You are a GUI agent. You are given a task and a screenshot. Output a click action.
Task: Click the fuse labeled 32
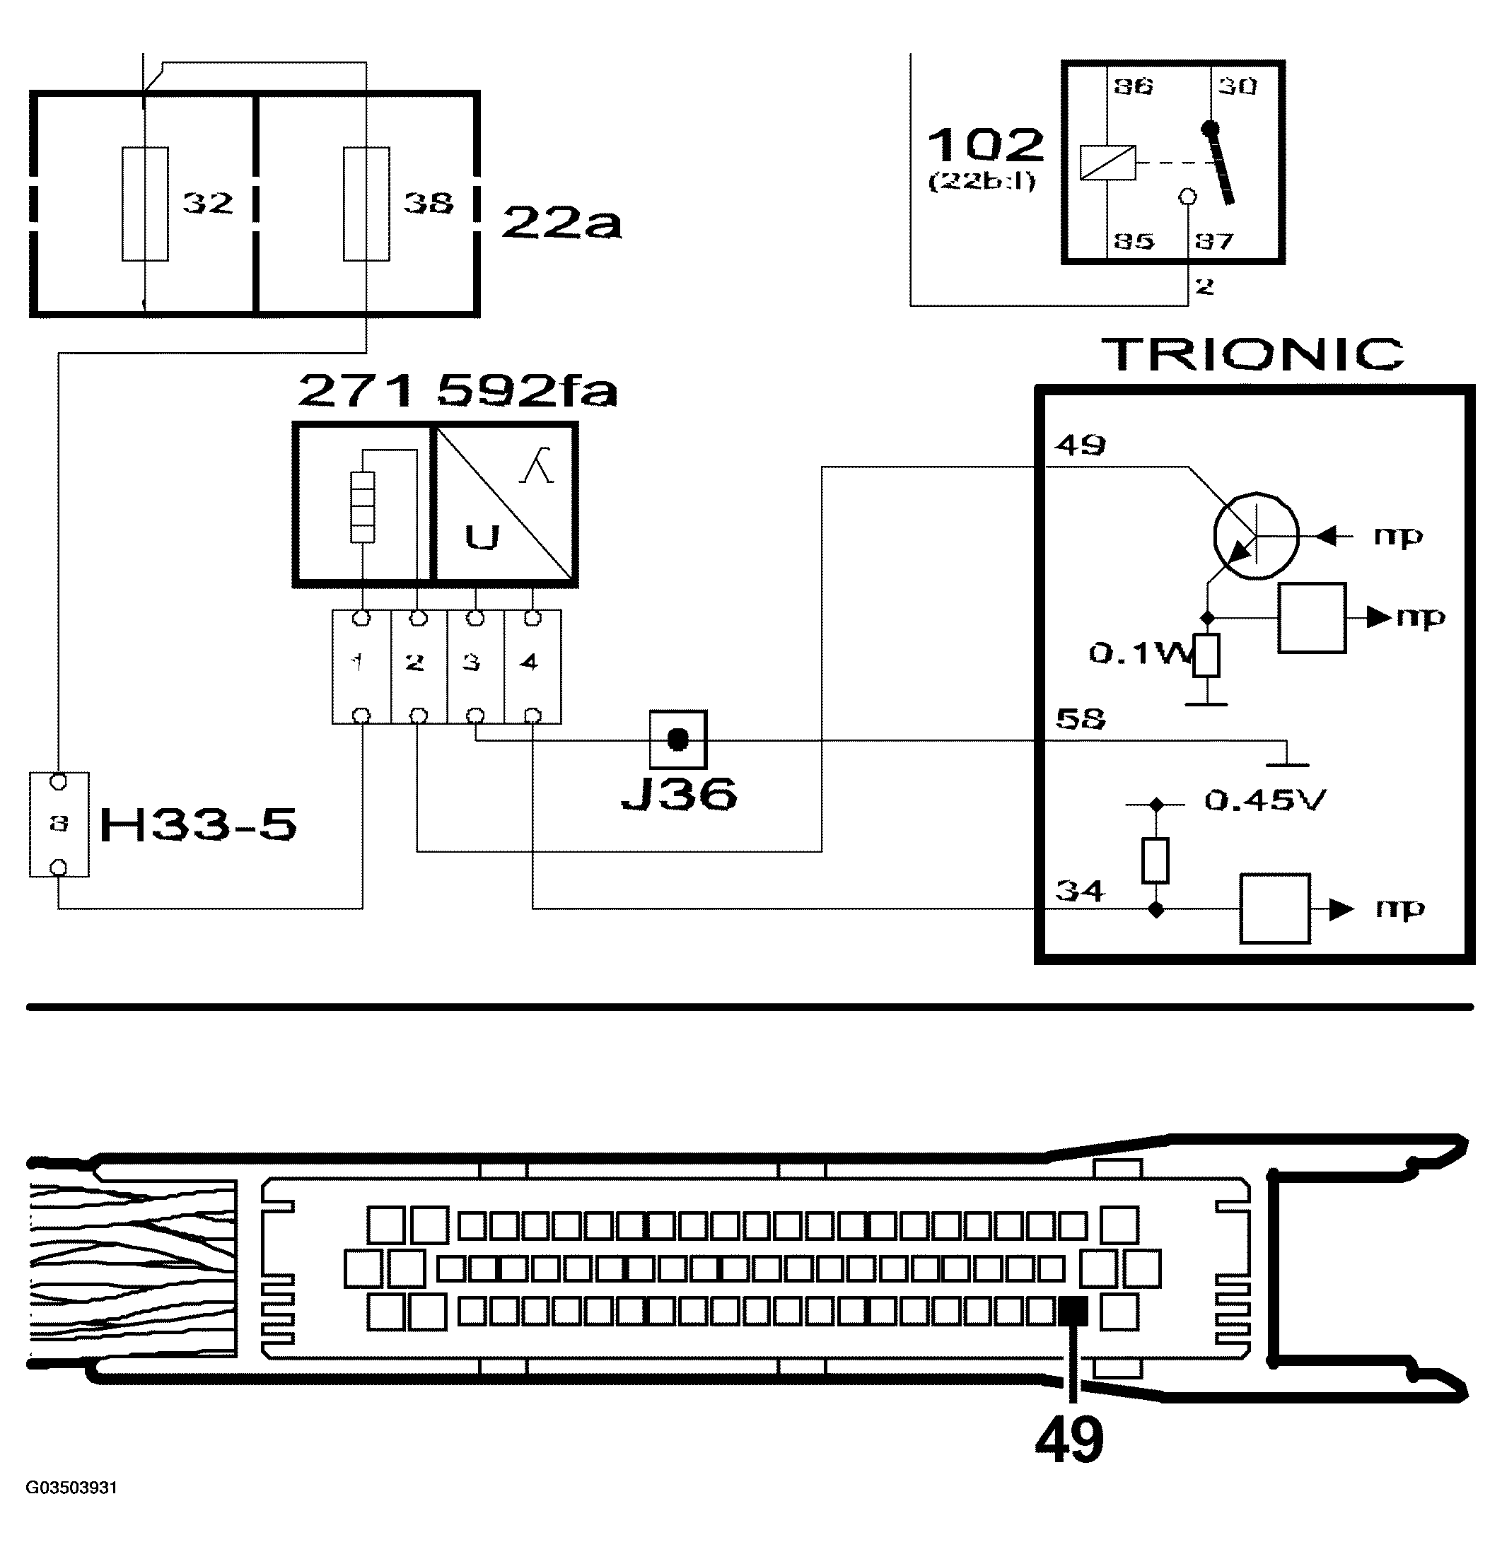(x=144, y=204)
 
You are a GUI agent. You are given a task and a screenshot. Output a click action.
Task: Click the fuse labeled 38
(x=366, y=204)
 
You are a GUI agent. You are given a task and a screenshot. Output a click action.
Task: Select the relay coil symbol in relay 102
(x=1107, y=163)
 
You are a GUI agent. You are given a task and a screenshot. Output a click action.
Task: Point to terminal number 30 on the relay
(x=1237, y=86)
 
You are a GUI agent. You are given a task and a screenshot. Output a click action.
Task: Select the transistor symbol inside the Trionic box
(x=1255, y=536)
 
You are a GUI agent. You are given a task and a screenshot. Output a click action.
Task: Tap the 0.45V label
(x=1264, y=800)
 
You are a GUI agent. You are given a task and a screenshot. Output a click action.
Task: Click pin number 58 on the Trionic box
(x=1081, y=719)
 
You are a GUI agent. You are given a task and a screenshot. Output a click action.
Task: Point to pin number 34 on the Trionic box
(x=1081, y=891)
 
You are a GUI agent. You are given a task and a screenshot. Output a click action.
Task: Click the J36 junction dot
(x=678, y=740)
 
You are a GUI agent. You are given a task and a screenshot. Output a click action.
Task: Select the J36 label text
(x=680, y=794)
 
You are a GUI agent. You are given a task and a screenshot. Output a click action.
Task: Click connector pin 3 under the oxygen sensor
(x=475, y=663)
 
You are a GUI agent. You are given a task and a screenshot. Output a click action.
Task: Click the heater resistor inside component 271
(x=362, y=507)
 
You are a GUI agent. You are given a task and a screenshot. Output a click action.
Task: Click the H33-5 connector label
(x=198, y=825)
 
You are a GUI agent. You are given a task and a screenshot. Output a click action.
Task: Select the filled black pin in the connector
(x=1073, y=1312)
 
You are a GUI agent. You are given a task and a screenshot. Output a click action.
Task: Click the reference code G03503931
(x=72, y=1488)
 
